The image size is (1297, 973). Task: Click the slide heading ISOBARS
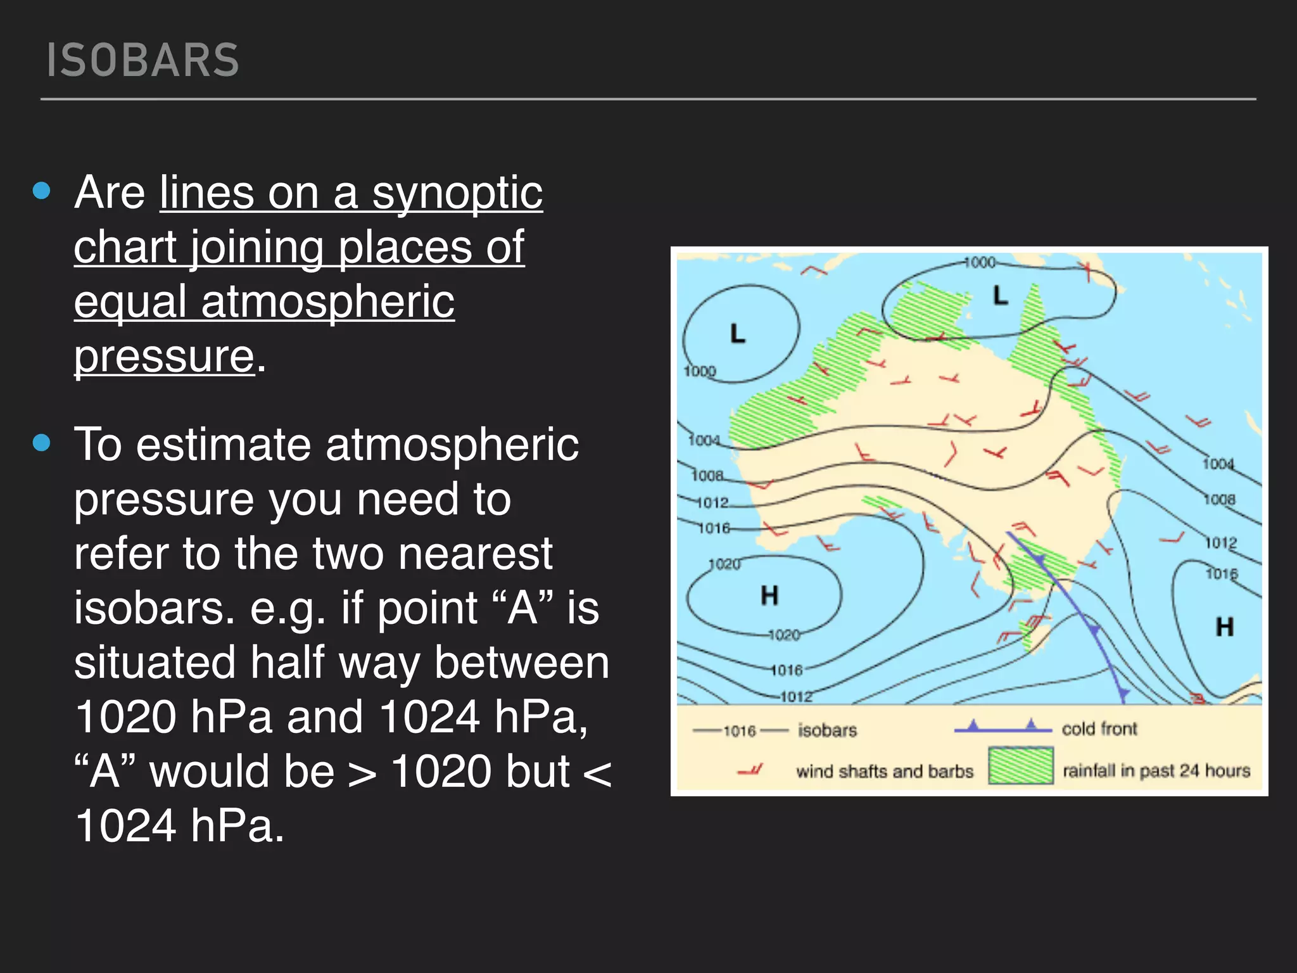(143, 61)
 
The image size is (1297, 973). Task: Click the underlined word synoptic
(457, 193)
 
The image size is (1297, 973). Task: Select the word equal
(130, 302)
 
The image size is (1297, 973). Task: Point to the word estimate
(223, 445)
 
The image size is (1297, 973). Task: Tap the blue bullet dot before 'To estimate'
(42, 442)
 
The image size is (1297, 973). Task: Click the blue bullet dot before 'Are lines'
(42, 191)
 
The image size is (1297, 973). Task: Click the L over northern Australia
(1000, 295)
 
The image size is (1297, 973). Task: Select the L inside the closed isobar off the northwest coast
(738, 333)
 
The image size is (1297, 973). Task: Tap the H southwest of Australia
(769, 595)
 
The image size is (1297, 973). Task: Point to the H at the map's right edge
(1225, 627)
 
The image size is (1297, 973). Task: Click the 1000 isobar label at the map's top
(980, 262)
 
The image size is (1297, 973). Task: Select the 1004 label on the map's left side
(704, 440)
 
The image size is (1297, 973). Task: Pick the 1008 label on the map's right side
(1219, 500)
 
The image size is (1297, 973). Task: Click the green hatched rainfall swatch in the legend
(1021, 766)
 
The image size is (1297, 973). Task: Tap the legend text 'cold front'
(1099, 729)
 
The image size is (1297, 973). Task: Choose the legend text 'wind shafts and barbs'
(884, 772)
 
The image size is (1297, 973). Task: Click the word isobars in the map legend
(827, 730)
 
